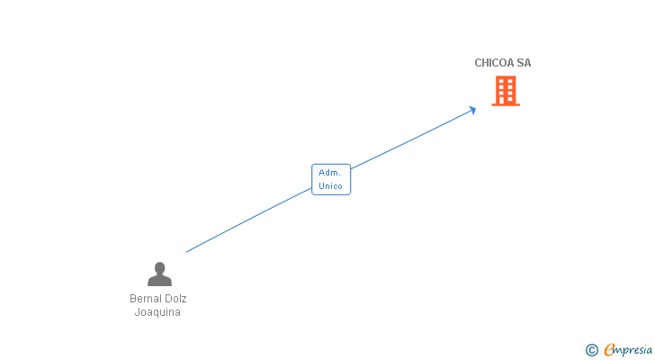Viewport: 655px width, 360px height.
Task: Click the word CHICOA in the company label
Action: coord(494,63)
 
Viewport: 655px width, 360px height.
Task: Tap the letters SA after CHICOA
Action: coord(524,63)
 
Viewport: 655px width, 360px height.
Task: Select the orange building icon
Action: coord(506,91)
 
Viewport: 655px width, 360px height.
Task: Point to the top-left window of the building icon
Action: coord(502,81)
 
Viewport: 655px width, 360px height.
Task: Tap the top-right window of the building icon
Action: coord(509,81)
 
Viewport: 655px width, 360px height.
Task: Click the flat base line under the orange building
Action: coord(506,104)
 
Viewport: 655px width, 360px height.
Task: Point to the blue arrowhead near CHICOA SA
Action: coord(472,111)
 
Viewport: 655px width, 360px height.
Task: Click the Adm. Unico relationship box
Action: coord(331,180)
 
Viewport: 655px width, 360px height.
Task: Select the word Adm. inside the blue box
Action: coord(329,173)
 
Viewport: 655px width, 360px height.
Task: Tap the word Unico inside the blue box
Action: coord(330,186)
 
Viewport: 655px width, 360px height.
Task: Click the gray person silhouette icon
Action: coord(159,274)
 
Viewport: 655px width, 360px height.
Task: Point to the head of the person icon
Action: coord(159,267)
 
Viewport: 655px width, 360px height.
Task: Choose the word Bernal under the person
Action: coord(145,299)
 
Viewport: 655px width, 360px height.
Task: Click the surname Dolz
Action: coord(175,299)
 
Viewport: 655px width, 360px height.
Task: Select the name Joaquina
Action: coord(157,312)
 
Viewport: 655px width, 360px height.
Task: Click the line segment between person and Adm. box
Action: coord(249,220)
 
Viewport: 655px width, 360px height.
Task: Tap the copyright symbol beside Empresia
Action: coord(591,350)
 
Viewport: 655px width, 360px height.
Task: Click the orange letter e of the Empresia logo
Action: coord(609,349)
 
